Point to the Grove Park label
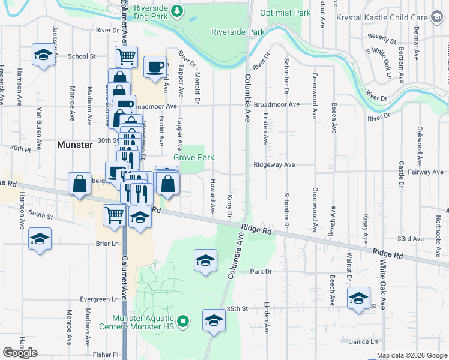tap(194, 157)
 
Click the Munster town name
tap(74, 145)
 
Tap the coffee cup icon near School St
tap(155, 67)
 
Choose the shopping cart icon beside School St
tap(126, 57)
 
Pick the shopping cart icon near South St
tap(114, 215)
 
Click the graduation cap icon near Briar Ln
tap(40, 239)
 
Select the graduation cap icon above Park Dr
tap(205, 261)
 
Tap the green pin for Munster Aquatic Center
tap(185, 323)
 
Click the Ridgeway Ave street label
tap(274, 164)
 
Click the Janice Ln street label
tap(365, 341)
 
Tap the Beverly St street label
tap(382, 40)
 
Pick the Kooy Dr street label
tap(229, 206)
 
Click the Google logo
tap(20, 353)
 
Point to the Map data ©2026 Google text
tap(412, 355)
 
